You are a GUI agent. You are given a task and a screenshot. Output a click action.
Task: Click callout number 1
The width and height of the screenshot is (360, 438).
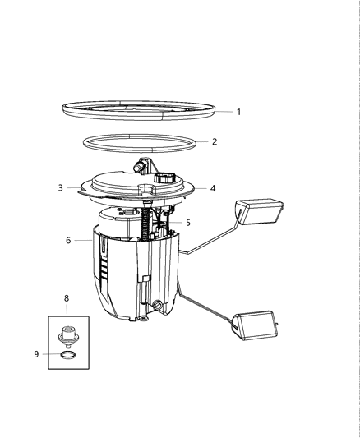pyautogui.click(x=238, y=112)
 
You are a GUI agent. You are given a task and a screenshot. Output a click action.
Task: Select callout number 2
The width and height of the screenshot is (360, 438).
pyautogui.click(x=215, y=141)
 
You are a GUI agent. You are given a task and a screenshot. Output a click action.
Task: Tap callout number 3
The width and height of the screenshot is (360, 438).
pyautogui.click(x=60, y=187)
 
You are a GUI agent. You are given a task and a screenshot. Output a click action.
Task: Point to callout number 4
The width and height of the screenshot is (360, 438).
pyautogui.click(x=213, y=188)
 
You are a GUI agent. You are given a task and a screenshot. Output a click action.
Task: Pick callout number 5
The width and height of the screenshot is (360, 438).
pyautogui.click(x=188, y=222)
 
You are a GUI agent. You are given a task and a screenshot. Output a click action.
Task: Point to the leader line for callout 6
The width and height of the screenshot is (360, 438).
pyautogui.click(x=84, y=240)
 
